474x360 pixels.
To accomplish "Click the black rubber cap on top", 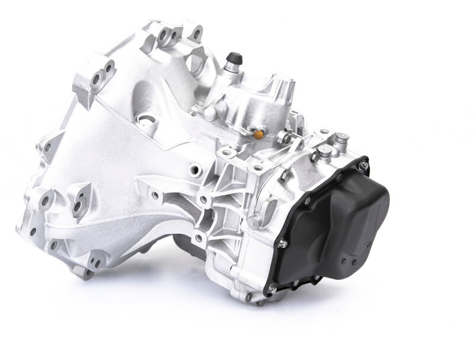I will [x=233, y=58].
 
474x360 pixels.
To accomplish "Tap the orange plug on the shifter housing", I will [x=258, y=135].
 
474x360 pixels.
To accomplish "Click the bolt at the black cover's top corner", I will [x=363, y=165].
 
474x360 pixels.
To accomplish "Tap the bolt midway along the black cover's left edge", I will [x=283, y=243].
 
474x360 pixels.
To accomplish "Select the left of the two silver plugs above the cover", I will [x=324, y=152].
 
